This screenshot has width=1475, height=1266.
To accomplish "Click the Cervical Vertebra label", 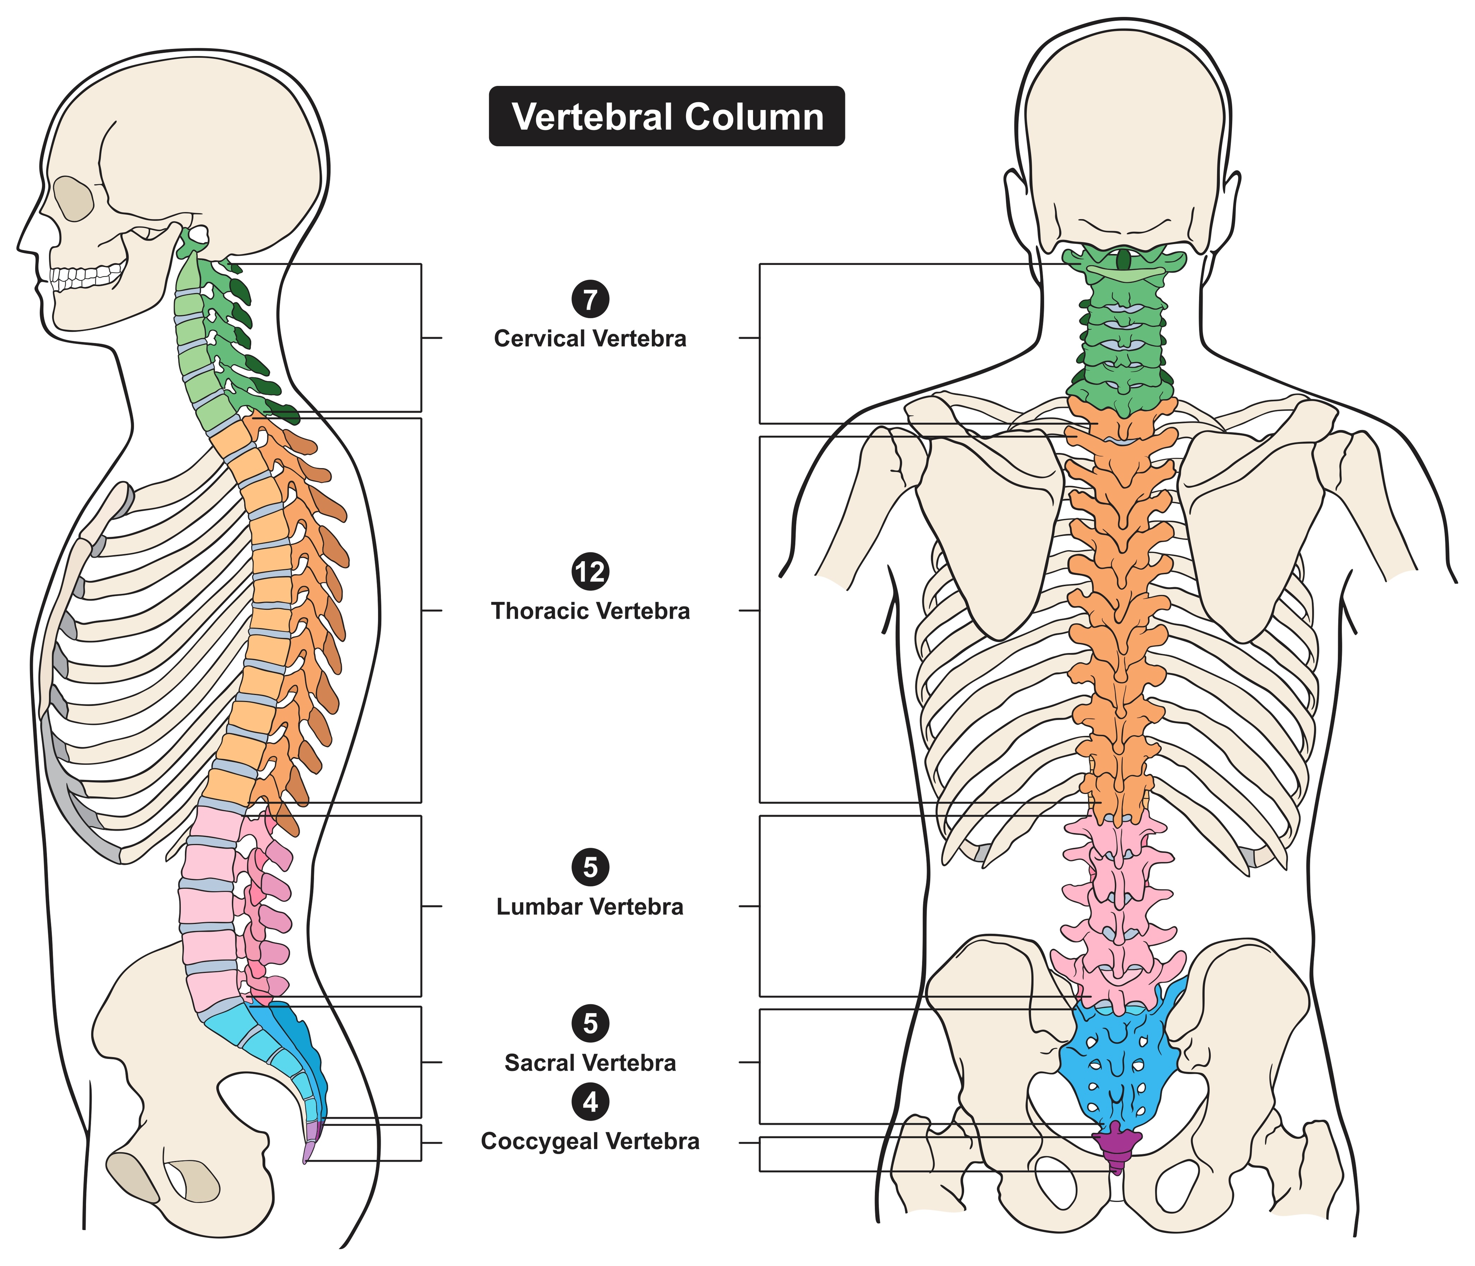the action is (x=590, y=339).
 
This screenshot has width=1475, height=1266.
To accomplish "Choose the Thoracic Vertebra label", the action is (x=590, y=611).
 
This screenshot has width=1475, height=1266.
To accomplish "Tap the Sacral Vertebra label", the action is (x=590, y=1063).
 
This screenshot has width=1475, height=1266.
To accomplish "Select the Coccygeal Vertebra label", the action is (x=590, y=1141).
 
